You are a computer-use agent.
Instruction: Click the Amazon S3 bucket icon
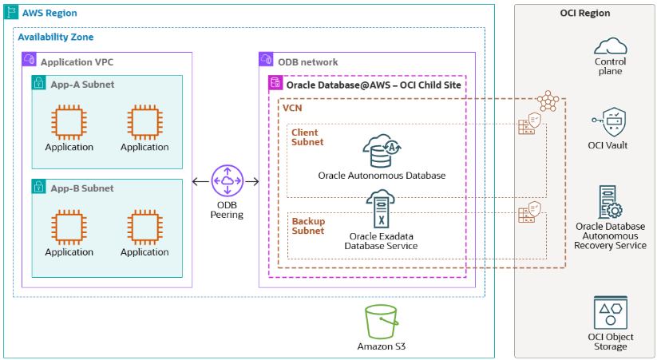coord(380,321)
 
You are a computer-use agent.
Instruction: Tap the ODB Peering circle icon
coord(228,182)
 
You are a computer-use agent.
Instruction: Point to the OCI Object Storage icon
coord(610,312)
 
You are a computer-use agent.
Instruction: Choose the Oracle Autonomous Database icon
coord(382,151)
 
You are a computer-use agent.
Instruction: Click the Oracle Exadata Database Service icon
coord(381,211)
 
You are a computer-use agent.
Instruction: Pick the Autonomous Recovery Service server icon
coord(610,203)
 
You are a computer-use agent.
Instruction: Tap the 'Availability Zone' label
coord(55,37)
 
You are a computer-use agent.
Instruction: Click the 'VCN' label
coord(292,108)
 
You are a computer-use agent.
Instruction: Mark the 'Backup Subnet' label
coord(308,226)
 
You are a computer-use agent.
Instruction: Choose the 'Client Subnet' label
coord(307,136)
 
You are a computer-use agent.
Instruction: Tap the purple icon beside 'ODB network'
coord(267,61)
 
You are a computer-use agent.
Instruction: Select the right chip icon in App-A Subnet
coord(144,121)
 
